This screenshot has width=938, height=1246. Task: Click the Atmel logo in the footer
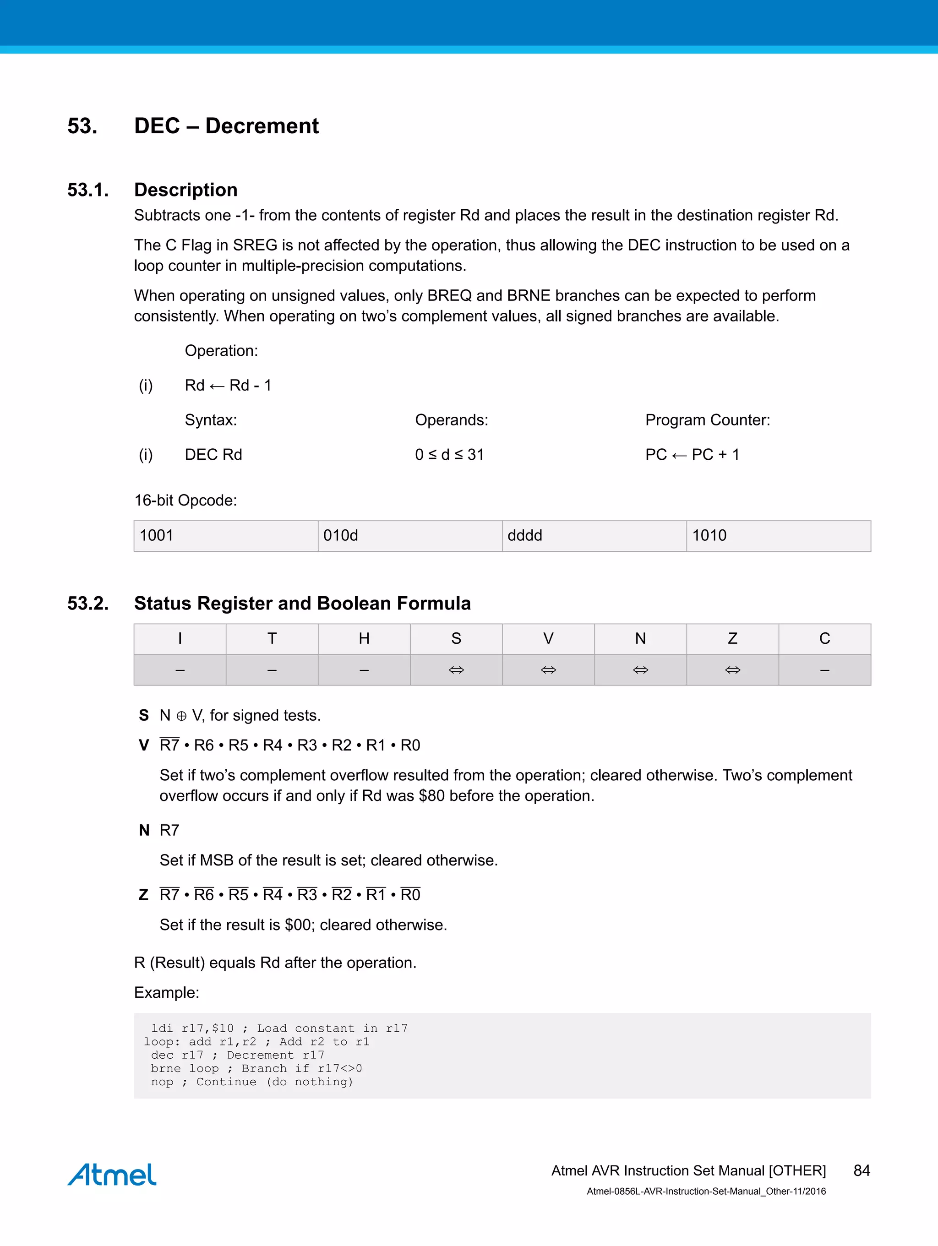point(112,1174)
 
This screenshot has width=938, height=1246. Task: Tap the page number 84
point(862,1170)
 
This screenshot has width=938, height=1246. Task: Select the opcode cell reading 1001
point(225,536)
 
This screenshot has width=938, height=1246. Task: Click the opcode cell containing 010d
point(409,536)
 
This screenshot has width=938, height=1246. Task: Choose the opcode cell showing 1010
point(778,536)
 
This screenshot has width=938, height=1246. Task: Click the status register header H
point(364,639)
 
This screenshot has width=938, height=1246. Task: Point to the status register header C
point(824,639)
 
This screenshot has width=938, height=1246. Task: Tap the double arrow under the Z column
point(732,670)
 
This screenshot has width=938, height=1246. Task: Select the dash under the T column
point(272,670)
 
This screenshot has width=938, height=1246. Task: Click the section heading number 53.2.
point(88,603)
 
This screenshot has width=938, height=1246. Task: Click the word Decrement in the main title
point(262,125)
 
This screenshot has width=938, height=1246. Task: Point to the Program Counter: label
point(707,420)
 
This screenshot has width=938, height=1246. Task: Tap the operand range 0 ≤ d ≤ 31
point(449,455)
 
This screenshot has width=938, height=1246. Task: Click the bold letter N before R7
point(144,830)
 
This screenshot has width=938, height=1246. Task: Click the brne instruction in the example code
point(166,1069)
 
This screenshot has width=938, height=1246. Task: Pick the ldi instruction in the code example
point(162,1028)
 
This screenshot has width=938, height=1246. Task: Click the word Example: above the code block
point(166,992)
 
